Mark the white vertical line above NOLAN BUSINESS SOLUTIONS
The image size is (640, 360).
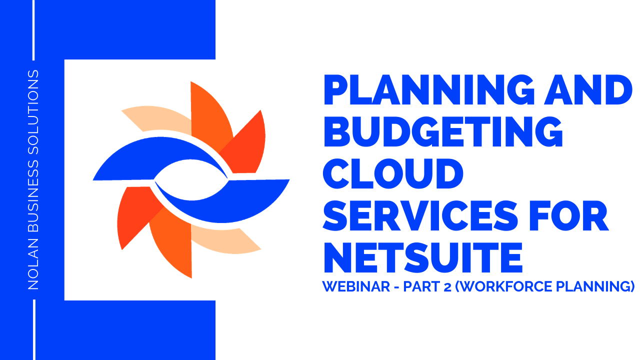click(x=34, y=30)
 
